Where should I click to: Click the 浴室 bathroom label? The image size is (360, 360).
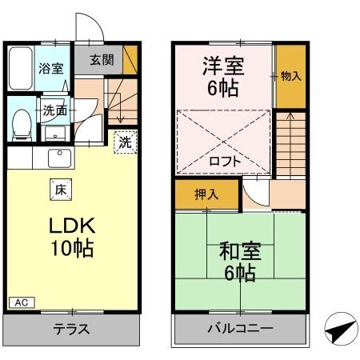click(51, 68)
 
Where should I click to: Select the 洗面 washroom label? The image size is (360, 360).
click(54, 110)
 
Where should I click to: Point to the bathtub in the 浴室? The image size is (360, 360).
click(21, 71)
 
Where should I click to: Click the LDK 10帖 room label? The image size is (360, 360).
click(62, 235)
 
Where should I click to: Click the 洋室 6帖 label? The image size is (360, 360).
click(222, 77)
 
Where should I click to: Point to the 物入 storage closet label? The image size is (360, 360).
click(291, 77)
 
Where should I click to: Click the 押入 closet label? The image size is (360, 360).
click(206, 194)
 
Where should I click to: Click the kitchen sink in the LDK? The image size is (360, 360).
click(58, 156)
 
